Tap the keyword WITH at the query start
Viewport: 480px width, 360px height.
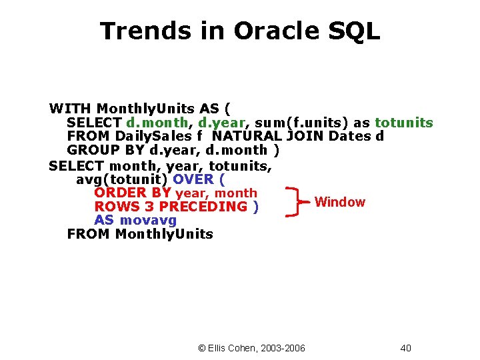coord(71,108)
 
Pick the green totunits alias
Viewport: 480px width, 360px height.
coord(404,123)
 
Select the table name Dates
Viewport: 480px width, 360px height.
coord(351,137)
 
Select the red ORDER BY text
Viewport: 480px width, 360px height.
coord(132,193)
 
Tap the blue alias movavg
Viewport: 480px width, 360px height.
coord(148,220)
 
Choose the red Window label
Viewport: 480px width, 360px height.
coord(339,202)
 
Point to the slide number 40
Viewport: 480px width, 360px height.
coord(406,348)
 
